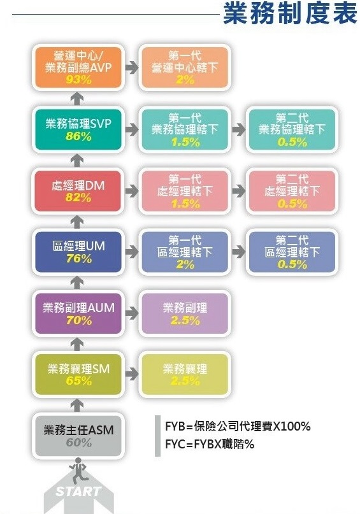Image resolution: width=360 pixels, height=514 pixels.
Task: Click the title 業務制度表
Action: tap(290, 14)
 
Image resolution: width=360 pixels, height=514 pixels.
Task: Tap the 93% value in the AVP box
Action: tap(78, 80)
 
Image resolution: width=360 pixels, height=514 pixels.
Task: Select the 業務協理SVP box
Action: tap(78, 129)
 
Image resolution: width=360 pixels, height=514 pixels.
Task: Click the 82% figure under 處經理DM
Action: tap(78, 197)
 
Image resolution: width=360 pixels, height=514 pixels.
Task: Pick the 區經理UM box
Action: tap(78, 252)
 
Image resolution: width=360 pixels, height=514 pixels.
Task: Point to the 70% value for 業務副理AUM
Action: tap(79, 320)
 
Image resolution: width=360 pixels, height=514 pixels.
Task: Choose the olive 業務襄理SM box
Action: tap(78, 375)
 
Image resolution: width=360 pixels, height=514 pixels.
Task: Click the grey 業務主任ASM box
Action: tap(78, 436)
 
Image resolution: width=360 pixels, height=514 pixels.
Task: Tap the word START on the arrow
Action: tap(78, 491)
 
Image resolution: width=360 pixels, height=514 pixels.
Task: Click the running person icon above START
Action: tap(78, 471)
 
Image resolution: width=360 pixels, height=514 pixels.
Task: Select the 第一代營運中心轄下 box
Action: tap(185, 68)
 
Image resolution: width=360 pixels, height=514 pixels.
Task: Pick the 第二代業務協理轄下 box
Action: tap(292, 129)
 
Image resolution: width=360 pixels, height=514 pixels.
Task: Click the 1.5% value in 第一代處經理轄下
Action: tap(185, 204)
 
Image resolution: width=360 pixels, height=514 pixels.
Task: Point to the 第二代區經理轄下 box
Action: tap(292, 252)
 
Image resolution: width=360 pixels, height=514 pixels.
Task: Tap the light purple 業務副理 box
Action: tap(185, 313)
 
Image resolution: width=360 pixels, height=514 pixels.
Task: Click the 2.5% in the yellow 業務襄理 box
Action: tap(185, 381)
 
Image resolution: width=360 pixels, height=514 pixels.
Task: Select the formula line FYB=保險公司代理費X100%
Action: tap(238, 426)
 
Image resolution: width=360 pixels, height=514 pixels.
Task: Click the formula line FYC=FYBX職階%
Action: tap(210, 444)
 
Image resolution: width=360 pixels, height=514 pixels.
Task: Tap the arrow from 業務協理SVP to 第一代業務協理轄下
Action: tap(132, 129)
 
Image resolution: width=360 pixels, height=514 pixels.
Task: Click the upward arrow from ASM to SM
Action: tap(77, 406)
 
